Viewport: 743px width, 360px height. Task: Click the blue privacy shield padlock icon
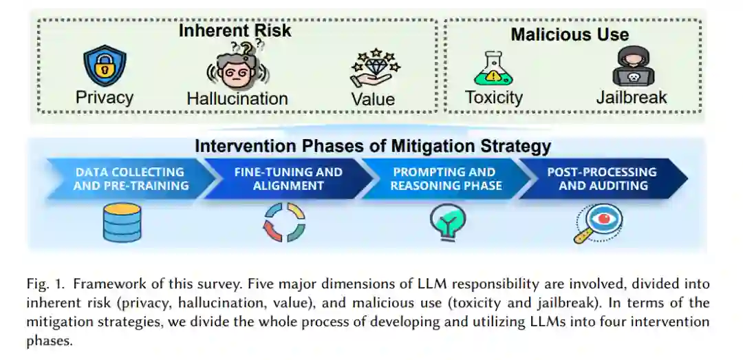click(104, 66)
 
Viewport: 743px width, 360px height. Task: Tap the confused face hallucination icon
click(237, 67)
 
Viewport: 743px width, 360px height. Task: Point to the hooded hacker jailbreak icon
click(632, 66)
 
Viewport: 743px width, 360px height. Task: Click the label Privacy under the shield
click(105, 98)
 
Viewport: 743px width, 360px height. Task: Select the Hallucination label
click(237, 98)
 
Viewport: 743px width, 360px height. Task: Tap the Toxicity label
click(493, 98)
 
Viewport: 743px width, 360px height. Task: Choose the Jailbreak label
click(632, 98)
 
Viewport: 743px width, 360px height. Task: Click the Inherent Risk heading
click(235, 31)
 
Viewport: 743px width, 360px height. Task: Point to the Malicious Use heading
click(570, 34)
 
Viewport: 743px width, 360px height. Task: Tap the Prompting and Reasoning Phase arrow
click(445, 179)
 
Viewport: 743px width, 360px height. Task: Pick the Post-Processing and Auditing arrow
click(602, 179)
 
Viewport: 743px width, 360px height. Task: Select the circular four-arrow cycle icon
click(284, 223)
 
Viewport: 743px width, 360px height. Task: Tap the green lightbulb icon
click(447, 222)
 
